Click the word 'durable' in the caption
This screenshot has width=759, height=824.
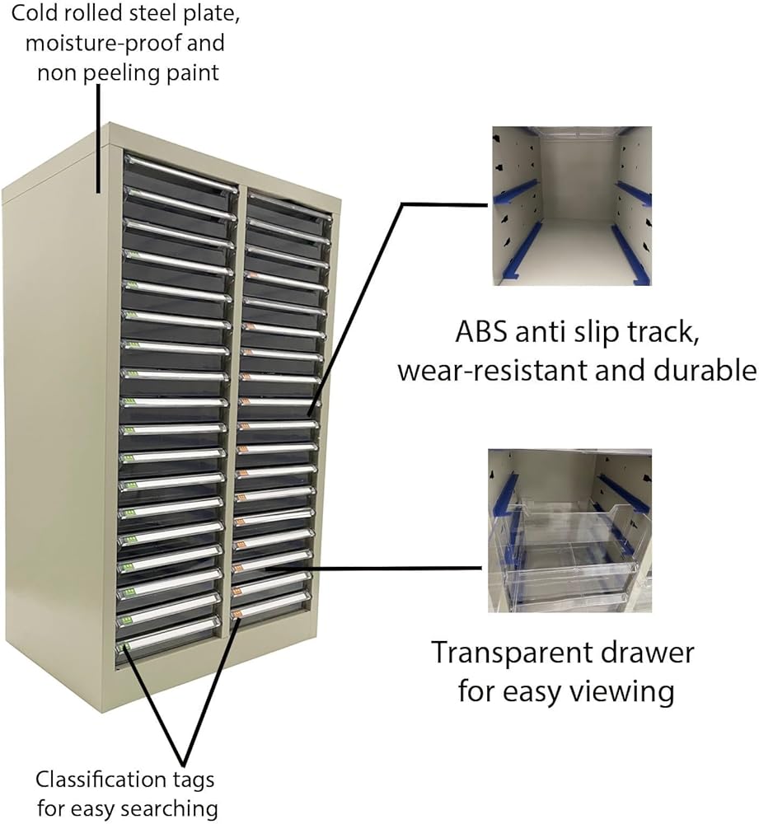705,370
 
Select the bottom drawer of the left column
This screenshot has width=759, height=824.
170,641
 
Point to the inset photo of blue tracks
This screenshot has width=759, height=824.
572,206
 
